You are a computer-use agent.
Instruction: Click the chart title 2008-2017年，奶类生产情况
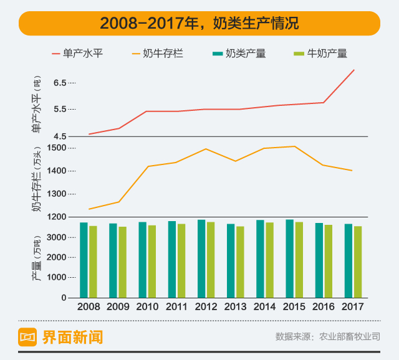[x=199, y=24]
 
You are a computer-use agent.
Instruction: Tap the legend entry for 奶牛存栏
[x=163, y=54]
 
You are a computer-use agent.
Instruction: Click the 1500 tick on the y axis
[x=56, y=148]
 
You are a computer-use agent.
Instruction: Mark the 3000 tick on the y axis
[x=56, y=237]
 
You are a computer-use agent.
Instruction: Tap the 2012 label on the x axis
[x=206, y=306]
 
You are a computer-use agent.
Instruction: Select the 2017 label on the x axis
[x=352, y=306]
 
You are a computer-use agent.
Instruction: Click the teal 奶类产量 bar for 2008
[x=84, y=260]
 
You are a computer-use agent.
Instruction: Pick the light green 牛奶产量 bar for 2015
[x=299, y=260]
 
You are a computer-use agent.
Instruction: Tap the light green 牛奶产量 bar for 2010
[x=152, y=261]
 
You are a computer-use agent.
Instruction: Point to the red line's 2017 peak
[x=353, y=70]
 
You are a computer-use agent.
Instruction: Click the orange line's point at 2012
[x=206, y=149]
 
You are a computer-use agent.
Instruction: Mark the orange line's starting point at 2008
[x=89, y=209]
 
